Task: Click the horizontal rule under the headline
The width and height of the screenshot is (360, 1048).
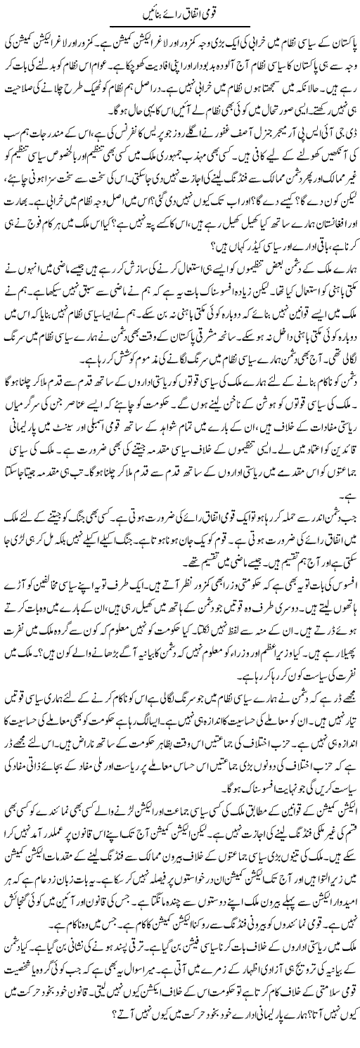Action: click(179, 27)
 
